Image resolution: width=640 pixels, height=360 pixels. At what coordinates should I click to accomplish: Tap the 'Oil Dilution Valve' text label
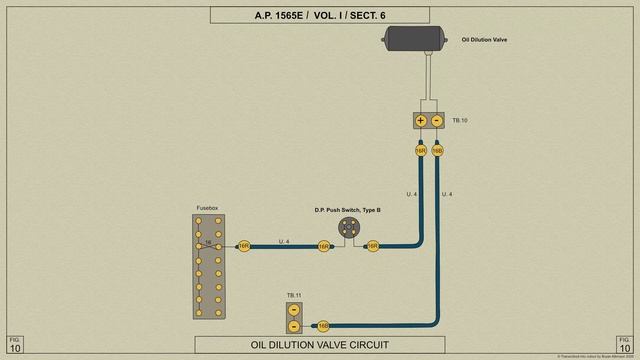click(x=485, y=41)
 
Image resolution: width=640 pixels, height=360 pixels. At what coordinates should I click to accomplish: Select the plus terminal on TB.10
click(x=421, y=121)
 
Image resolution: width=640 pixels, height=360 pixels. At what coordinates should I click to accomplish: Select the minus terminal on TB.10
click(x=437, y=121)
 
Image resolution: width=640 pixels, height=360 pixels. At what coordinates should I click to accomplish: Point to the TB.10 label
click(x=460, y=121)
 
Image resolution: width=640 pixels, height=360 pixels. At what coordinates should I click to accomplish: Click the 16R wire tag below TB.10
click(x=421, y=151)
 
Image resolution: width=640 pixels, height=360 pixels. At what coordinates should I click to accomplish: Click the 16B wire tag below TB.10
click(x=437, y=151)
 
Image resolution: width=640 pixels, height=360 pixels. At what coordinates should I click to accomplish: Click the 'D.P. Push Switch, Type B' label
click(x=348, y=210)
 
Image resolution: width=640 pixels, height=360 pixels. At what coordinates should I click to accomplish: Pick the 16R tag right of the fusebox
click(x=243, y=245)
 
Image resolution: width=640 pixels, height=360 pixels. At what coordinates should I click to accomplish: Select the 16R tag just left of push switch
click(x=324, y=245)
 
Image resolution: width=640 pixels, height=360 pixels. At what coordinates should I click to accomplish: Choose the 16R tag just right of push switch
click(x=373, y=245)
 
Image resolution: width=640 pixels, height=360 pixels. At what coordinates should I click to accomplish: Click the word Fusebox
click(x=207, y=208)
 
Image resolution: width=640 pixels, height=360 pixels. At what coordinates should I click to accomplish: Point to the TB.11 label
click(x=294, y=296)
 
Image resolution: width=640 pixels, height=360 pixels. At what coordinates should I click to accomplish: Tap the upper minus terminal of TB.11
click(x=294, y=310)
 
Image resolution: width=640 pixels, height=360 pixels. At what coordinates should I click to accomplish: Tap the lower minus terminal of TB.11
click(x=294, y=326)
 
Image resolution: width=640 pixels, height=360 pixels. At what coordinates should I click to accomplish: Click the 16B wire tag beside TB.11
click(x=323, y=326)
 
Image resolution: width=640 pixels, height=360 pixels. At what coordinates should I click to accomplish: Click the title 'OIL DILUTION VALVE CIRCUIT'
click(x=319, y=345)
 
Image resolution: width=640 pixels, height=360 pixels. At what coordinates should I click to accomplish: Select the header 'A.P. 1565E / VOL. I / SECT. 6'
click(x=319, y=15)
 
